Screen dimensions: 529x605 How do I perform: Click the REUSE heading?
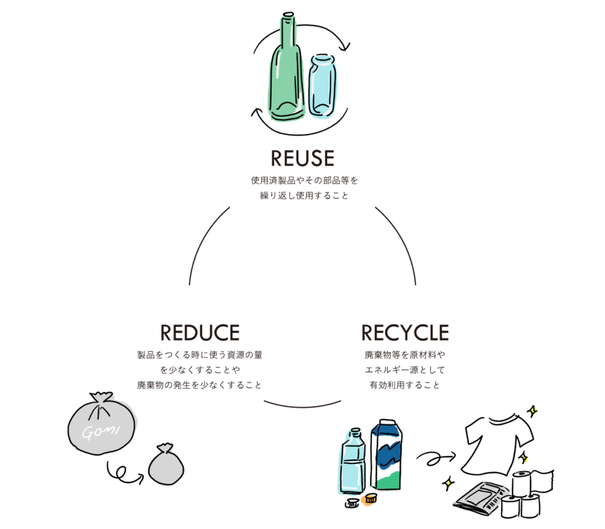point(302,158)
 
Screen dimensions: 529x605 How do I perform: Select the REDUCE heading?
point(200,332)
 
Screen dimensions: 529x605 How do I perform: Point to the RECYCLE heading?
point(405,332)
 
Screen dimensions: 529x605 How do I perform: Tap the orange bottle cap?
point(371,498)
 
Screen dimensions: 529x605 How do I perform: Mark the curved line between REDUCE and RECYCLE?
point(302,405)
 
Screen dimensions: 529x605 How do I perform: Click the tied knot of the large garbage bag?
point(101,401)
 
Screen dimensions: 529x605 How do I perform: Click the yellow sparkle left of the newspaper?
point(448,482)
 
